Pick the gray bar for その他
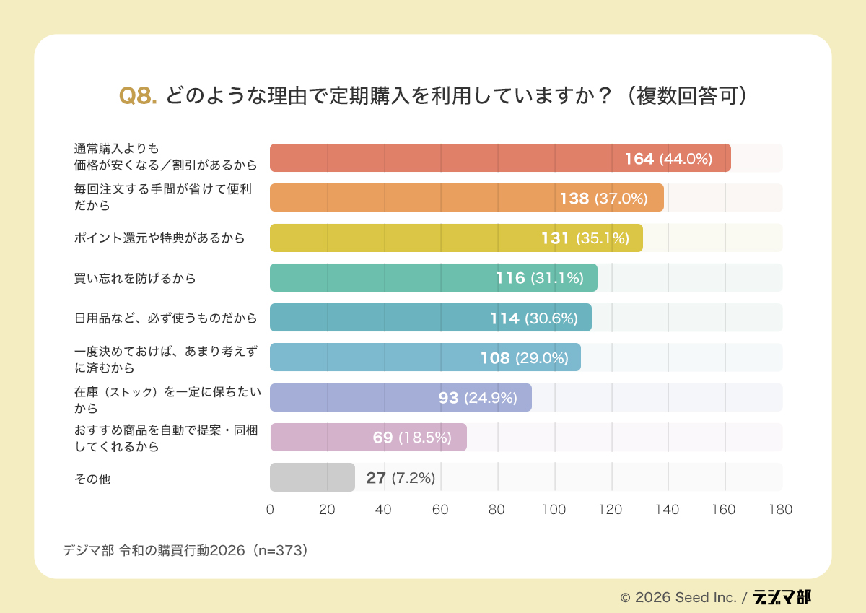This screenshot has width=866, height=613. tap(312, 477)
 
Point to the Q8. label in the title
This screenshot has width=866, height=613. tap(138, 96)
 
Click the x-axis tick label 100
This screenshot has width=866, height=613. tap(554, 510)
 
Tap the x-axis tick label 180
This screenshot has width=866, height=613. tap(781, 510)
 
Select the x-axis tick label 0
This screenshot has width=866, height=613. tap(270, 510)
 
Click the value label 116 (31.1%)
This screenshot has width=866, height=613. tap(539, 278)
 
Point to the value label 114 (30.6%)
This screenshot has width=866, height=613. tap(534, 318)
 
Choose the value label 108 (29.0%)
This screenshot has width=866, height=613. tap(524, 357)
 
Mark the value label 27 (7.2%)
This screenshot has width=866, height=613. tap(401, 477)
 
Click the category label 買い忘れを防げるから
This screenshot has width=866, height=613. tap(135, 278)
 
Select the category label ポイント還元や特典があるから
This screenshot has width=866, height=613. tap(159, 238)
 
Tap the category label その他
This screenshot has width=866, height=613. tap(92, 477)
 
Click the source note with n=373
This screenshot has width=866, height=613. tap(185, 550)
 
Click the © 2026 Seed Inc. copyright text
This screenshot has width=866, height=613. tap(678, 598)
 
